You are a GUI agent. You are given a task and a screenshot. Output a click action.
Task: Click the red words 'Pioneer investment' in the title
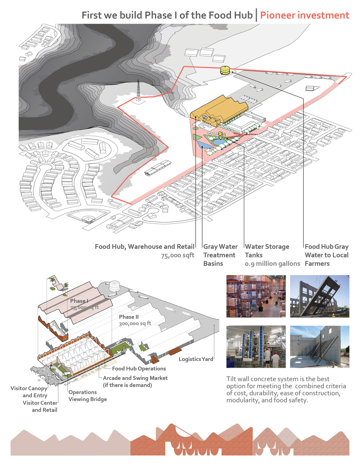click(x=304, y=16)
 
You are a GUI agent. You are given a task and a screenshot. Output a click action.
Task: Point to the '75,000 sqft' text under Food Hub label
click(x=178, y=255)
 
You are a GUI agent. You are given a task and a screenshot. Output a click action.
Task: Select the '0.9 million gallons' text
click(x=272, y=263)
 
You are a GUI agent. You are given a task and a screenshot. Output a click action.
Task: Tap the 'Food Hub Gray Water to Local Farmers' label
click(x=326, y=255)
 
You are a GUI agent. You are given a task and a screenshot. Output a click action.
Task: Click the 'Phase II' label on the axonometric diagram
click(x=129, y=317)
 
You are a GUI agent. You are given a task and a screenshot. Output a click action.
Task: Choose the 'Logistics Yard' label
click(x=196, y=359)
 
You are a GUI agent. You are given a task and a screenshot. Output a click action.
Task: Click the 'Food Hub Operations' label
click(x=139, y=368)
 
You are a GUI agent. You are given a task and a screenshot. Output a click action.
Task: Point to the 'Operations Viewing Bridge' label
click(x=88, y=395)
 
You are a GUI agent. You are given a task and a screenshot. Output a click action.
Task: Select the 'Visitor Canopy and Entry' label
click(x=29, y=391)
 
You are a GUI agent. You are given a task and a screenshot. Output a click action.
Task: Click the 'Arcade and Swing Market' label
click(x=135, y=378)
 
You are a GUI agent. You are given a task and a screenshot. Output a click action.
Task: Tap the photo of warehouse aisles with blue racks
click(x=256, y=296)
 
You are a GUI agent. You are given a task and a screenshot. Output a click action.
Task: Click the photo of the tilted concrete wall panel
click(x=320, y=296)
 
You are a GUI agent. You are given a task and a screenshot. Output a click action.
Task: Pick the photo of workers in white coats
click(x=256, y=347)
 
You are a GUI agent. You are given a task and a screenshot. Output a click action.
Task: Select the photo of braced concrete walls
click(x=320, y=347)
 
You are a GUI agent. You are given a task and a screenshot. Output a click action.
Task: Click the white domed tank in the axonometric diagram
click(x=114, y=286)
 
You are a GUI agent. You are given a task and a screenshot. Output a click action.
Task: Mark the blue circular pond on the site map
click(x=218, y=142)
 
